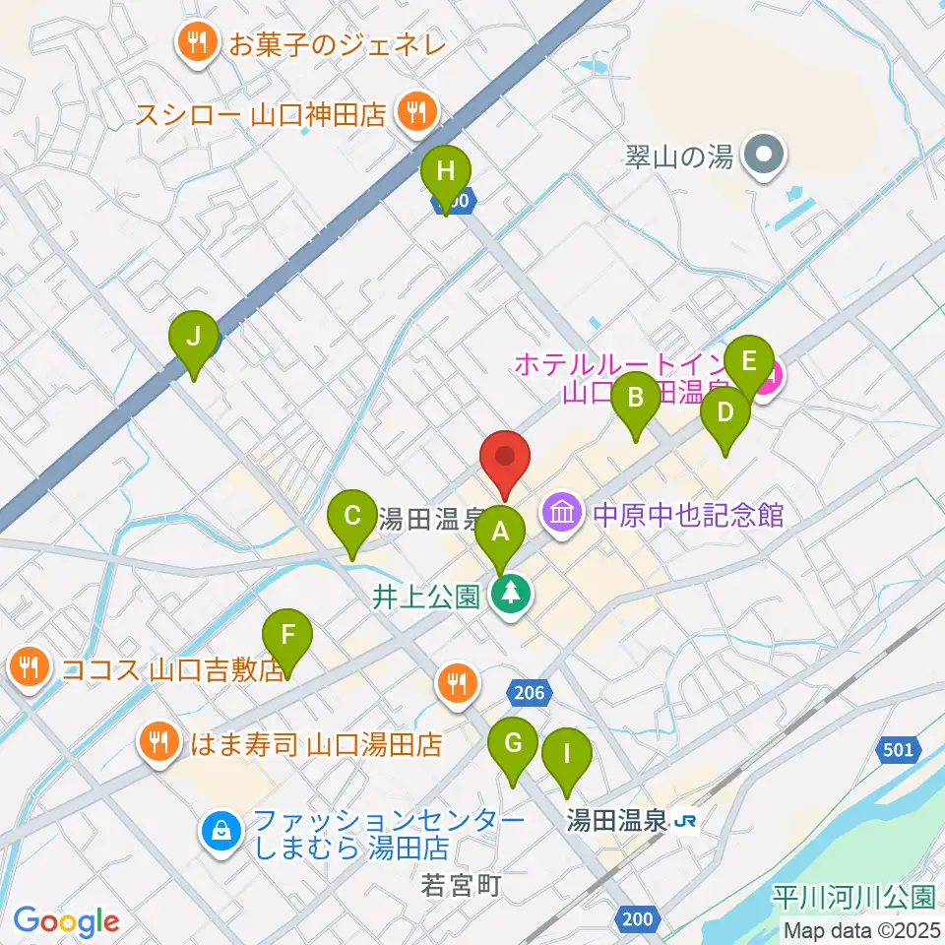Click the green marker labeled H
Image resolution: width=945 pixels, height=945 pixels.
pos(445,172)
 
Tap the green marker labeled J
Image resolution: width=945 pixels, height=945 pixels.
pos(194,338)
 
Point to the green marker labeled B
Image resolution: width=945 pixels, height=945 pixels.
pos(636,399)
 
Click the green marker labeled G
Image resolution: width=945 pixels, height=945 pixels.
pos(513,744)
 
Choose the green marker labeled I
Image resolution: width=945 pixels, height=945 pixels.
pos(567,755)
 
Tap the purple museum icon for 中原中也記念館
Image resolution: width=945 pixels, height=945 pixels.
pos(562,513)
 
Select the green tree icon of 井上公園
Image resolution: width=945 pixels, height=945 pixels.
pos(510,595)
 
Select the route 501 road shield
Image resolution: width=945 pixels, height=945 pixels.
pos(896,750)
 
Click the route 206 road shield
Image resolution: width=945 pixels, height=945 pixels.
pos(528,693)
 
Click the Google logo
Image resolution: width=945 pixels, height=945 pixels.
pos(66,920)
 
